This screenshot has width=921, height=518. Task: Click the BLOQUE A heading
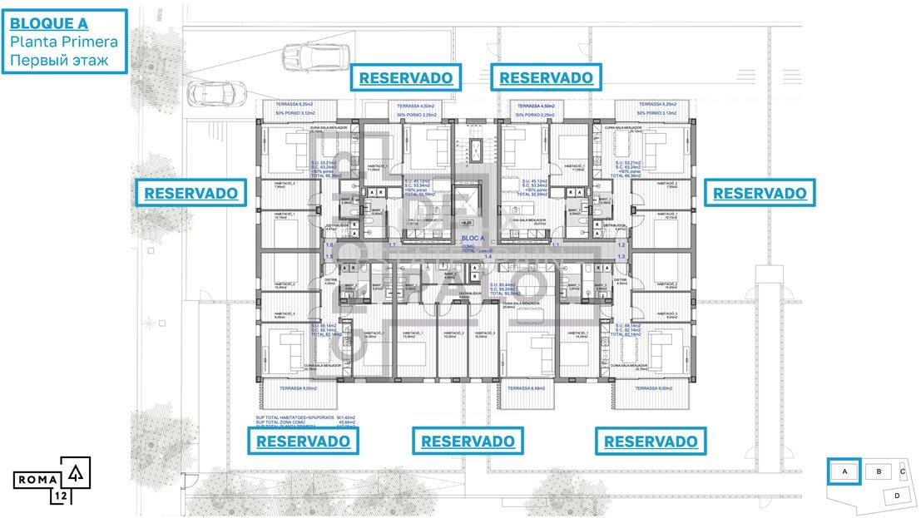click(51, 24)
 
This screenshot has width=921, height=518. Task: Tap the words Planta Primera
click(64, 42)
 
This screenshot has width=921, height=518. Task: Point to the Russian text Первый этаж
click(58, 60)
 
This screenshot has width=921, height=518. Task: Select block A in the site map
click(844, 471)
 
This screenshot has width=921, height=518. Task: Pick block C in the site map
click(903, 471)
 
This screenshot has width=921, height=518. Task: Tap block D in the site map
click(896, 496)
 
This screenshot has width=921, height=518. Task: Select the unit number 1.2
click(621, 246)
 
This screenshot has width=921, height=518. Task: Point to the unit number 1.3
click(621, 257)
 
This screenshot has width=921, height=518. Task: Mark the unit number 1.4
click(488, 257)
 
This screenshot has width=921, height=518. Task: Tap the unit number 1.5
click(329, 257)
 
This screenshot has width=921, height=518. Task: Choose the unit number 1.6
click(329, 246)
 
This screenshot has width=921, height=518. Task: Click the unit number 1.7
click(392, 246)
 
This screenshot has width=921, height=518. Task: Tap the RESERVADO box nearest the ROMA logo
click(303, 441)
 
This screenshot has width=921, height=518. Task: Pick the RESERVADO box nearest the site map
click(651, 441)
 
